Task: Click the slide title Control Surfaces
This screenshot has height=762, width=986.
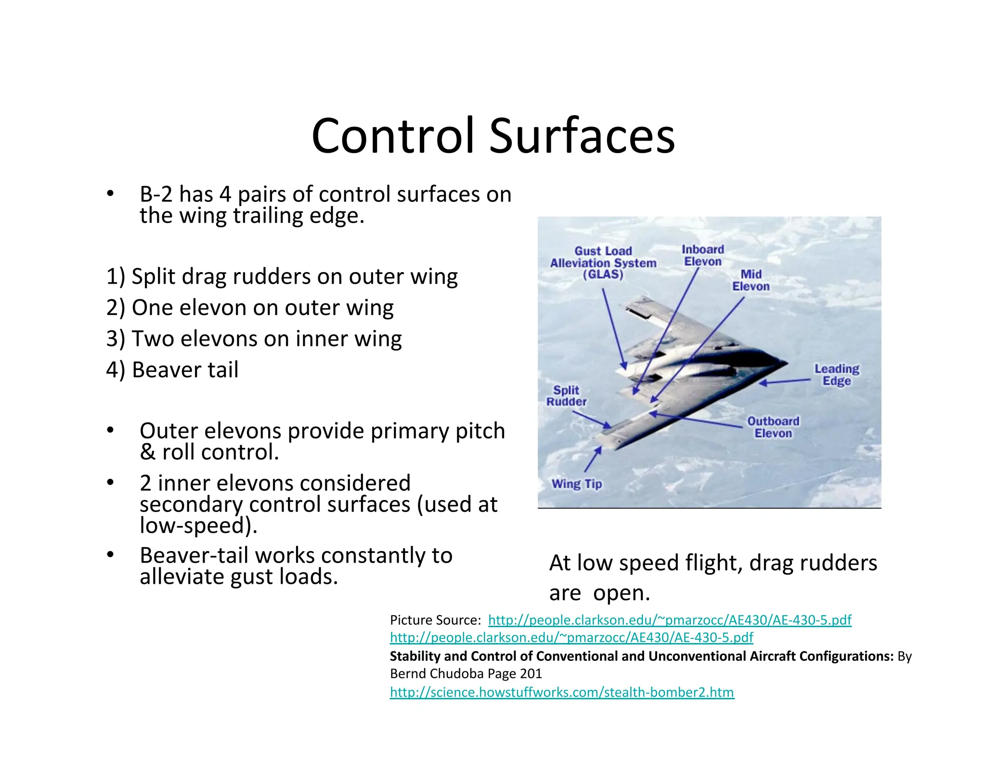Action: [493, 136]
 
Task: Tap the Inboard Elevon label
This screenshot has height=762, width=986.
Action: [702, 255]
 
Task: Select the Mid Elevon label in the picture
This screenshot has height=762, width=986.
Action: [751, 280]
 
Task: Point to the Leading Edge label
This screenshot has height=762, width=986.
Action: [836, 375]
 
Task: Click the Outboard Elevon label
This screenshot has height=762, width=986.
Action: [773, 427]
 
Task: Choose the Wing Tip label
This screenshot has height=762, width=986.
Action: [576, 484]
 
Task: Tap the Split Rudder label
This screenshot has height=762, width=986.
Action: [566, 395]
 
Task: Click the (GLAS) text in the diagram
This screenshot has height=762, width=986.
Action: [603, 275]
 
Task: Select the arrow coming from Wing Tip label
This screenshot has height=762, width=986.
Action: [593, 459]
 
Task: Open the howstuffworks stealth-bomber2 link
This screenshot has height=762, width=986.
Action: [562, 692]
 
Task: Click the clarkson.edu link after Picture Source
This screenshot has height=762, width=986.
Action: [669, 620]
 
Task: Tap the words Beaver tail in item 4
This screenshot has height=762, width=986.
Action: [185, 370]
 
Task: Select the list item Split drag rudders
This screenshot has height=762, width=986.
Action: [282, 276]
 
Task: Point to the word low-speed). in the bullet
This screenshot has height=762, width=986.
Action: [198, 525]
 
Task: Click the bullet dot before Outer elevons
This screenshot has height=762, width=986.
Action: [111, 430]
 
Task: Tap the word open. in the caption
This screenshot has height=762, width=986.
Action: [621, 593]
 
